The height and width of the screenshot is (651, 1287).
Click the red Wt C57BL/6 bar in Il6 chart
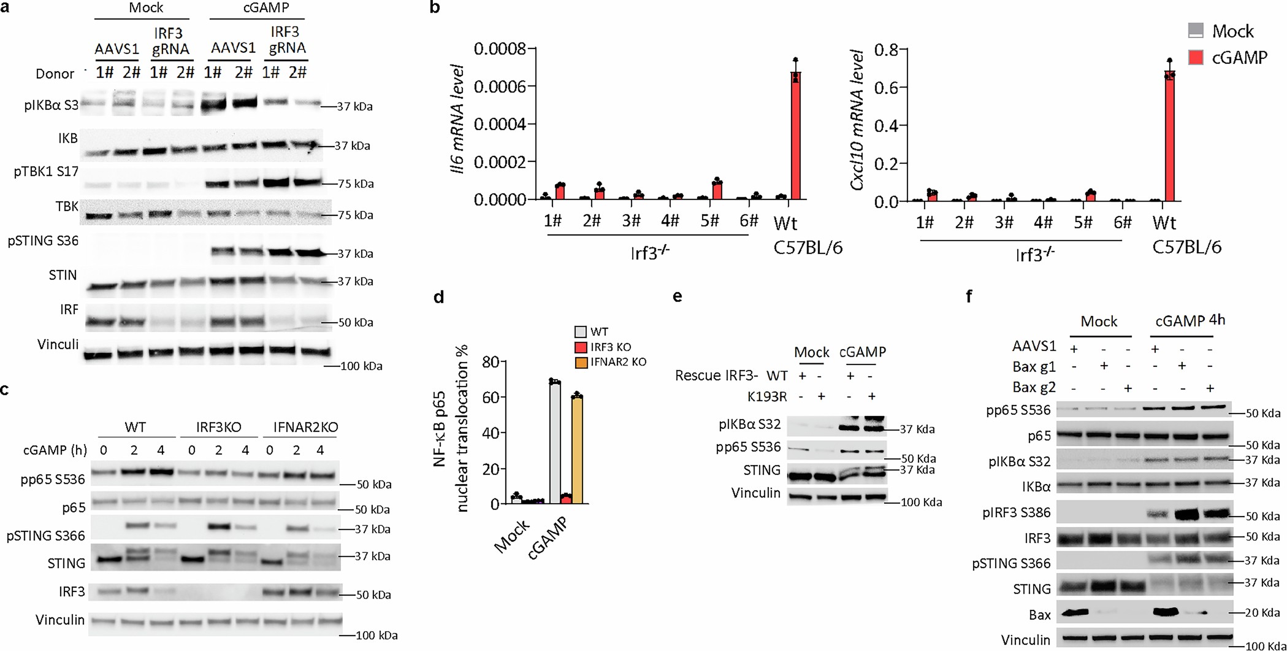click(796, 136)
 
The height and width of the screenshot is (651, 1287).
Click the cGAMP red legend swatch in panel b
click(1196, 57)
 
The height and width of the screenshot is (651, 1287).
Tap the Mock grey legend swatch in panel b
click(1196, 31)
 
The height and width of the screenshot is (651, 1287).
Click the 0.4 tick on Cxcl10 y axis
click(883, 126)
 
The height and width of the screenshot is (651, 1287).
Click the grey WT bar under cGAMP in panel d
click(555, 442)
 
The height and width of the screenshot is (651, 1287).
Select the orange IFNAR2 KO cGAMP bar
click(576, 450)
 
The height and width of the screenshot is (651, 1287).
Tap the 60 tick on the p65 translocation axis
click(473, 397)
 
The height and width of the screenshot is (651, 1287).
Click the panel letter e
click(677, 296)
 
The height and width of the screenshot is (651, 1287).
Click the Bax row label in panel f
click(1040, 614)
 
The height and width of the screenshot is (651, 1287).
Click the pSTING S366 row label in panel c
click(46, 536)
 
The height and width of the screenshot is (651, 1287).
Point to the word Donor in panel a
click(55, 74)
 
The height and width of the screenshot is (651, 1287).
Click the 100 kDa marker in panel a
click(361, 366)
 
